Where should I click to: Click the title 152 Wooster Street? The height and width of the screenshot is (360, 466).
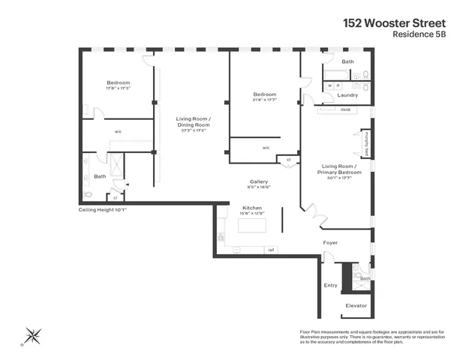pyautogui.click(x=404, y=22)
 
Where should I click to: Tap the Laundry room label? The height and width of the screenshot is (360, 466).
pyautogui.click(x=347, y=95)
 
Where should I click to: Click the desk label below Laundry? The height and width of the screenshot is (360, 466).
pyautogui.click(x=345, y=109)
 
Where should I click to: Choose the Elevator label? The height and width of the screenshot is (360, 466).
pyautogui.click(x=356, y=305)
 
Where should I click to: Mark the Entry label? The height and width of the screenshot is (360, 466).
pyautogui.click(x=330, y=285)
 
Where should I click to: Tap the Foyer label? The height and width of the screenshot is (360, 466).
pyautogui.click(x=330, y=243)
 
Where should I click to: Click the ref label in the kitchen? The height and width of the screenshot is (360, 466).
pyautogui.click(x=271, y=250)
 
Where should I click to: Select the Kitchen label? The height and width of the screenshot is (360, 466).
pyautogui.click(x=251, y=207)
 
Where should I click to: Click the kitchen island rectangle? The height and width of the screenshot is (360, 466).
pyautogui.click(x=250, y=236)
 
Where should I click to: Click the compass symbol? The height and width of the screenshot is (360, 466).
pyautogui.click(x=33, y=334)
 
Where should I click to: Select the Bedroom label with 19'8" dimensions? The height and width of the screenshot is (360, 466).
pyautogui.click(x=118, y=82)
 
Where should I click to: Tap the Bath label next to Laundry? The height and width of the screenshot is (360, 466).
pyautogui.click(x=347, y=61)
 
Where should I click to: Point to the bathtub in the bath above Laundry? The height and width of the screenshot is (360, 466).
pyautogui.click(x=335, y=75)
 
